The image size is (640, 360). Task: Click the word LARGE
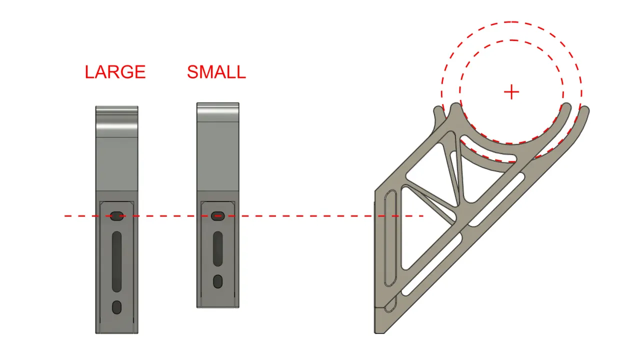click(115, 71)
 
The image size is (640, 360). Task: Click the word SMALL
click(216, 71)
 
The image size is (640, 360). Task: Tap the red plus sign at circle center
click(511, 92)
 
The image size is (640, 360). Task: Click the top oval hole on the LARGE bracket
click(116, 216)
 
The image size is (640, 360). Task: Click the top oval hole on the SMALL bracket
click(217, 216)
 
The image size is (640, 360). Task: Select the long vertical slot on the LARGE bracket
click(116, 261)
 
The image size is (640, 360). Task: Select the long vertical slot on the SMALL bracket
click(217, 249)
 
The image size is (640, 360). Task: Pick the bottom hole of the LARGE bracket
click(116, 307)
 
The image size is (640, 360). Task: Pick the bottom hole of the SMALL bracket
click(217, 281)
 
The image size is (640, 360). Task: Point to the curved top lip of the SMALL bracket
click(217, 112)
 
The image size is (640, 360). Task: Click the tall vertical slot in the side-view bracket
click(390, 238)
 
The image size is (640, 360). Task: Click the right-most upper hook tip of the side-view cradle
click(585, 109)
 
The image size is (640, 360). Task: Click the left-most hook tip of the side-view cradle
click(437, 110)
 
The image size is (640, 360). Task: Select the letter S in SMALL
click(192, 71)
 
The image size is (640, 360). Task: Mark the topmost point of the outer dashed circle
click(511, 21)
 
